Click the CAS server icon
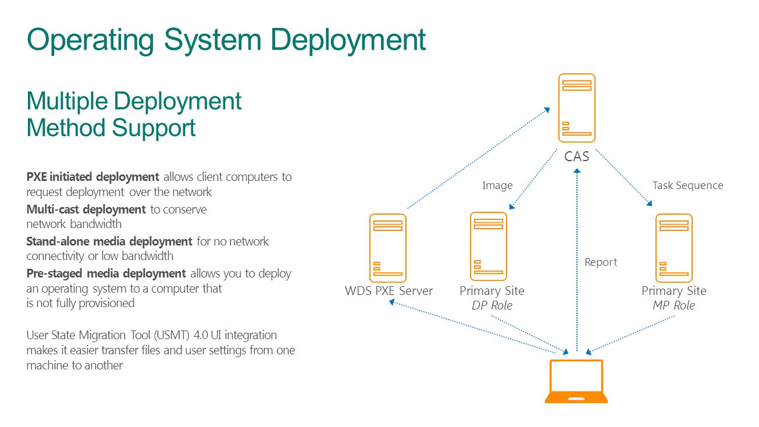click(577, 108)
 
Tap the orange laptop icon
click(576, 381)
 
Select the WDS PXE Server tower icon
click(387, 248)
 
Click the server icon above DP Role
click(489, 247)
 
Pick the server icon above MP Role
click(674, 248)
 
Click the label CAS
click(577, 156)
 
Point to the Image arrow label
click(497, 186)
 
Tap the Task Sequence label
click(687, 186)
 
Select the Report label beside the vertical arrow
click(601, 262)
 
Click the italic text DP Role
click(491, 305)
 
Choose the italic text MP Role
click(674, 305)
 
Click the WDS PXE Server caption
click(389, 291)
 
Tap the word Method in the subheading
click(66, 128)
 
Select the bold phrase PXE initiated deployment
click(92, 177)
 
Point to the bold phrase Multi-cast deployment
click(86, 209)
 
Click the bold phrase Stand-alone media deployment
click(109, 241)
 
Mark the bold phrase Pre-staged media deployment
click(106, 273)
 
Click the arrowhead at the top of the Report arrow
click(577, 171)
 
